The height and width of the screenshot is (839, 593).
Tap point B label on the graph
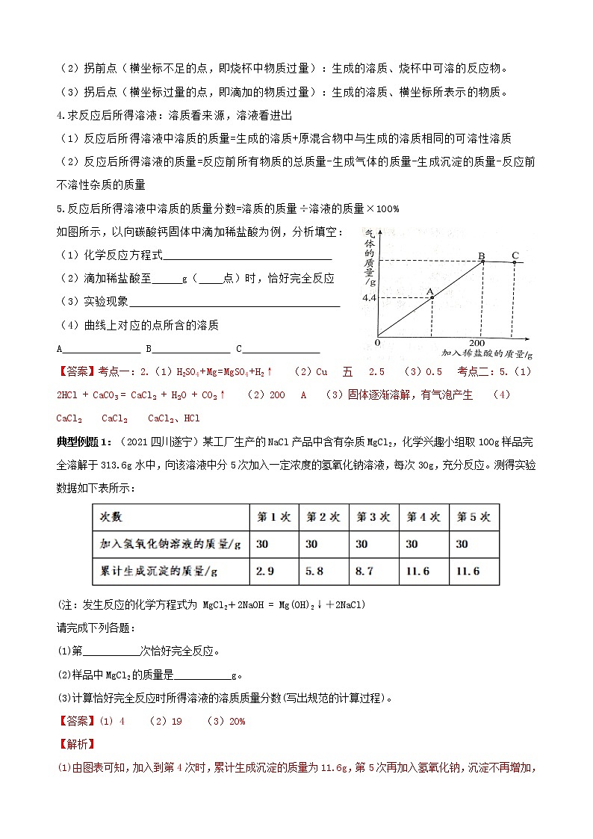[x=482, y=257]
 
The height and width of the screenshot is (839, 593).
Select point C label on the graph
[x=515, y=256]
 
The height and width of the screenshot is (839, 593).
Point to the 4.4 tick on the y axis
[x=369, y=298]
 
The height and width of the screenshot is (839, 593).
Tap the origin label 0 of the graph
[x=378, y=342]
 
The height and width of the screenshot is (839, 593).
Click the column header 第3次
[x=373, y=517]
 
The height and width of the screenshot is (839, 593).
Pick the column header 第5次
[x=474, y=517]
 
